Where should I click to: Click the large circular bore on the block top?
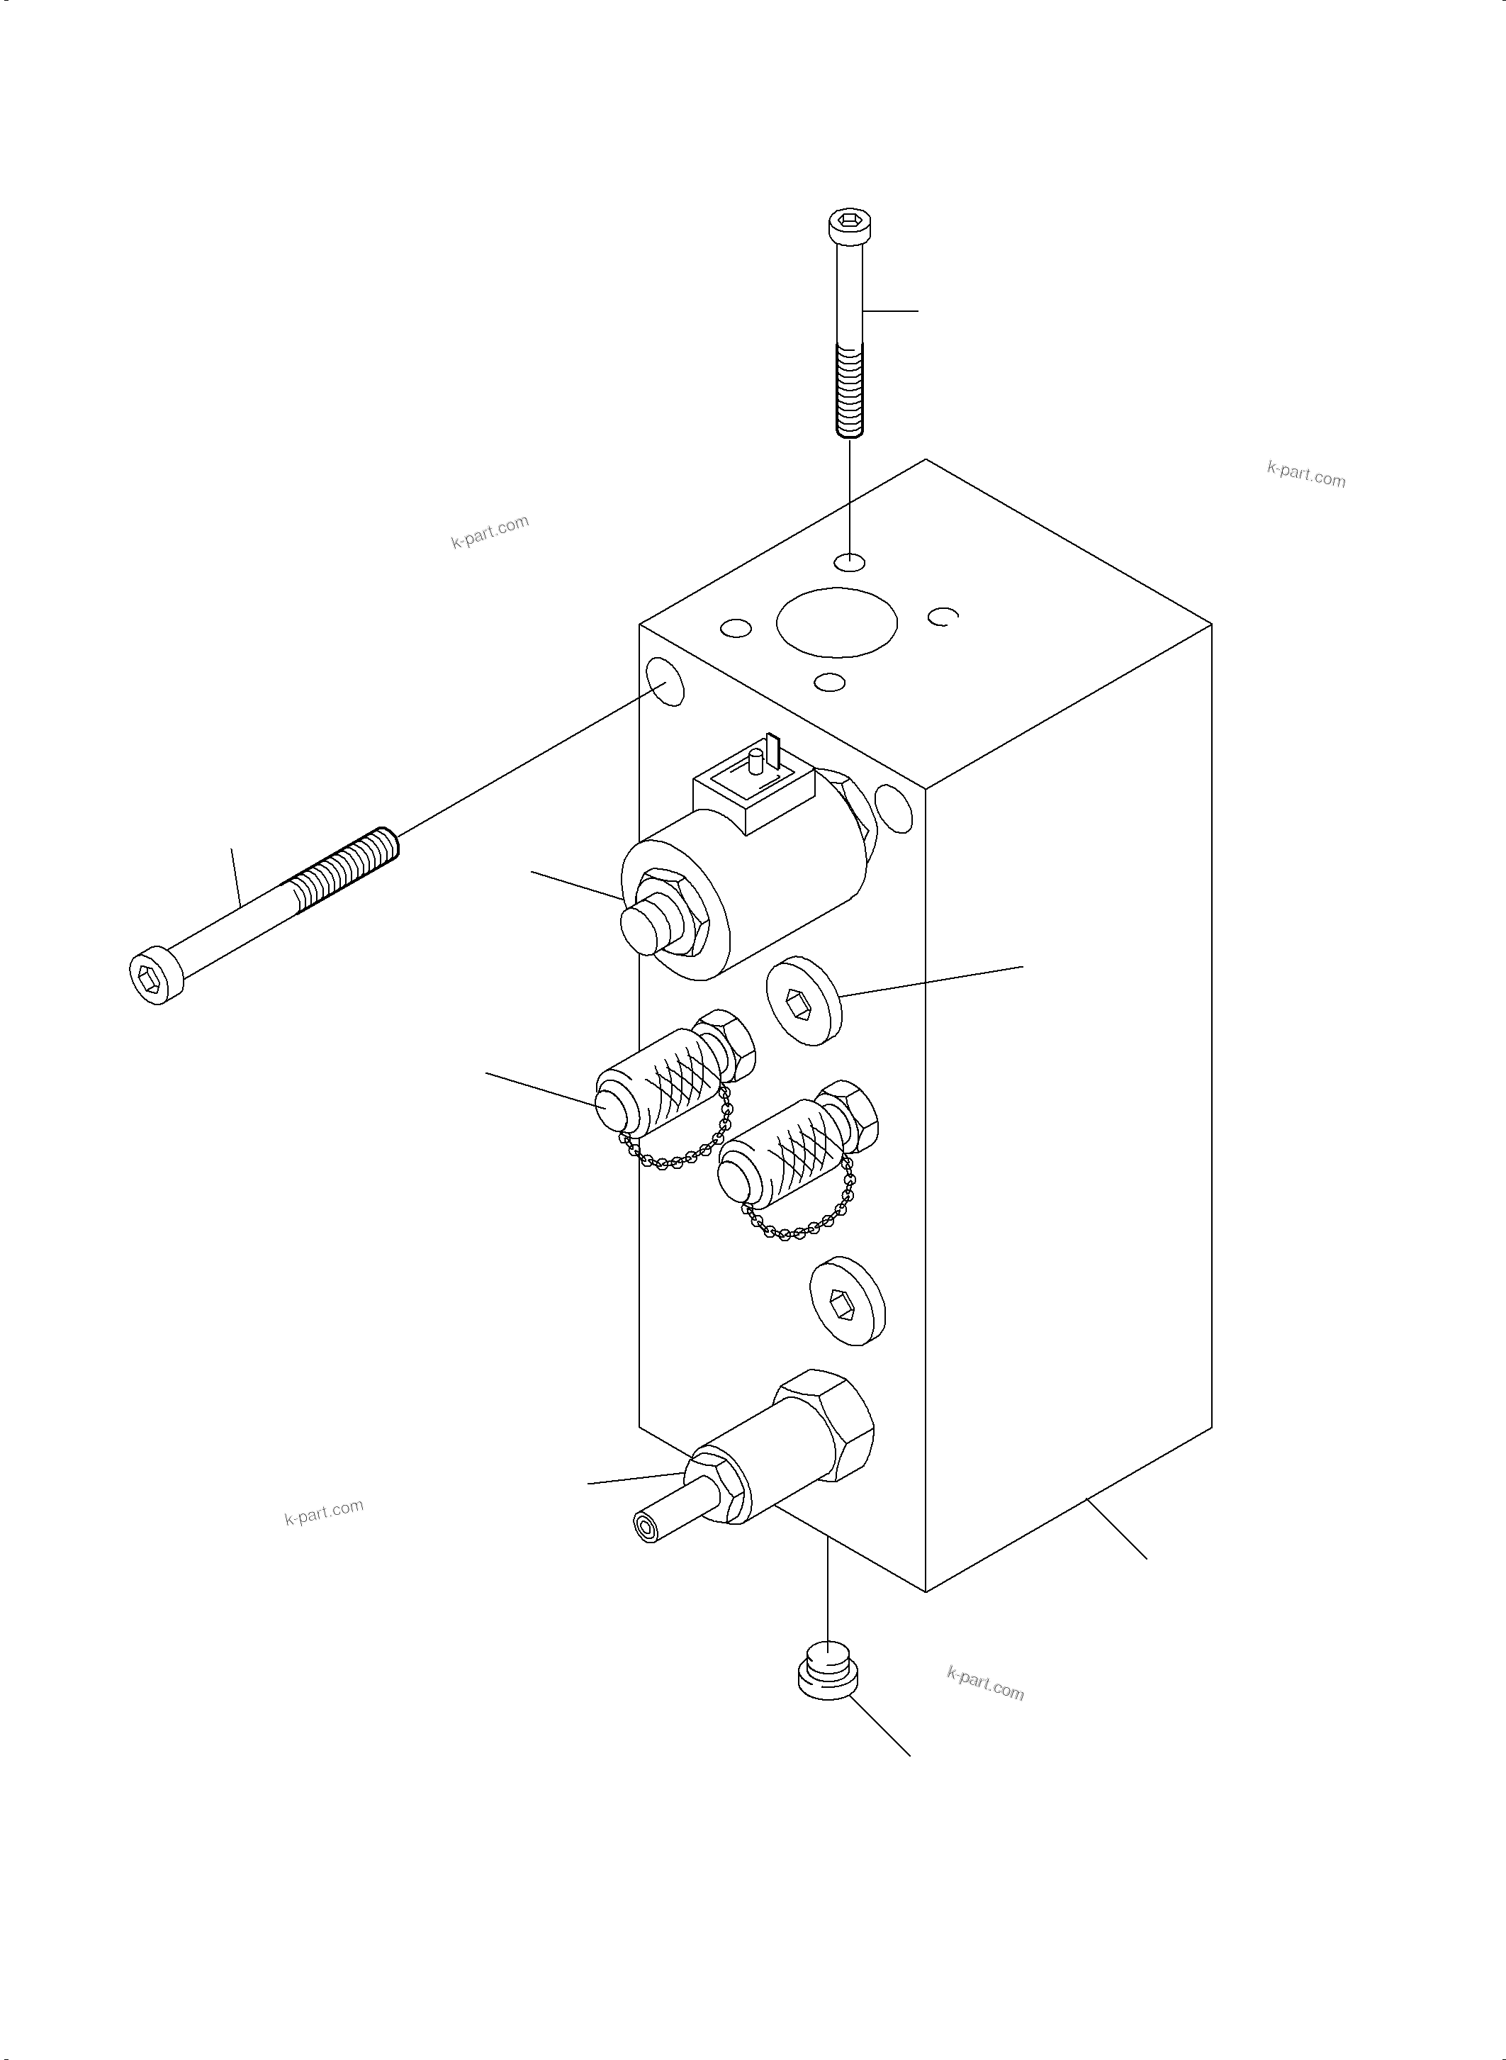click(836, 622)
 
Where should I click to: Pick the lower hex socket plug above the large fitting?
click(847, 1313)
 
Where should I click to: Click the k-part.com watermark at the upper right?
click(1305, 474)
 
